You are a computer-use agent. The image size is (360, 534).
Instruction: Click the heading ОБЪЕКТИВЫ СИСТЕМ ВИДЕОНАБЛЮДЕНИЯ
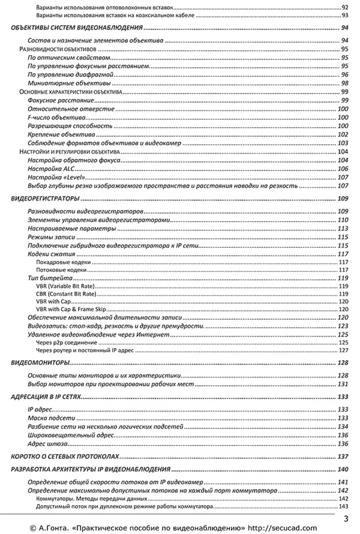click(77, 28)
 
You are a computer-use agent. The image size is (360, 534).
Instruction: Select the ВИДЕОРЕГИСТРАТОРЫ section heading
click(46, 199)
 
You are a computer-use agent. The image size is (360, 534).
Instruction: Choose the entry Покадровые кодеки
click(63, 262)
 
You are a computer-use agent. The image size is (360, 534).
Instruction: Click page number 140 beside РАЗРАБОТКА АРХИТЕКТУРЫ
click(343, 470)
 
